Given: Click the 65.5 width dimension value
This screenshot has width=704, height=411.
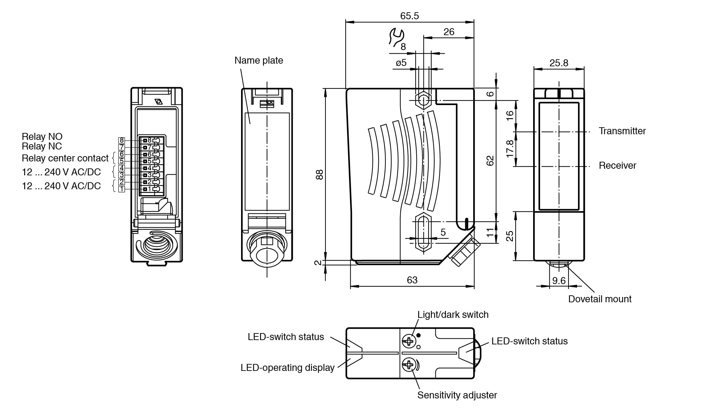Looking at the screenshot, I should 409,16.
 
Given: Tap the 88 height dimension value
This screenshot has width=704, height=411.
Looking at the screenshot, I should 319,175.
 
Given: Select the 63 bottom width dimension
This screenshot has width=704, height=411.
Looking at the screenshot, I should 412,280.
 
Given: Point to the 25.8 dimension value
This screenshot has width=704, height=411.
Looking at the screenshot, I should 559,63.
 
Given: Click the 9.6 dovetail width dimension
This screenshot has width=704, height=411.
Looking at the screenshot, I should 559,281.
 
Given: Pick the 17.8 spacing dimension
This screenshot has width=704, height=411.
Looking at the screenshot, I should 510,148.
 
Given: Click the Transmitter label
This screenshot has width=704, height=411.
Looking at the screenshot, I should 622,131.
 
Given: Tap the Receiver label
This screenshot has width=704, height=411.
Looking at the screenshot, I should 617,166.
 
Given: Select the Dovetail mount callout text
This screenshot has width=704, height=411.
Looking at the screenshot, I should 599,299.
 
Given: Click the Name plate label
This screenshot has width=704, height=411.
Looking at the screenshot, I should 259,61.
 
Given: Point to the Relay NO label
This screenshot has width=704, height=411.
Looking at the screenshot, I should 42,137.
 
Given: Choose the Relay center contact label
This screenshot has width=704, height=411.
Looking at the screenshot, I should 65,158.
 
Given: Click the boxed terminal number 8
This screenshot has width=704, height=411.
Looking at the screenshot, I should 122,141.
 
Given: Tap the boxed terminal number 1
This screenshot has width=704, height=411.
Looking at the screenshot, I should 122,189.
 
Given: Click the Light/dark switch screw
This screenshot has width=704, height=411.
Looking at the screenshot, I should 408,341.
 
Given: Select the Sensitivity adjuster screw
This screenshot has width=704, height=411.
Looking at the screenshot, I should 408,365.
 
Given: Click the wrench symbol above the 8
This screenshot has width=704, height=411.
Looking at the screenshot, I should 396,37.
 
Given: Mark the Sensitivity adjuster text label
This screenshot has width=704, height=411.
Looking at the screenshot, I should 457,395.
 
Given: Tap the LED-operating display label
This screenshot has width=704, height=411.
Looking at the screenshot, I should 287,368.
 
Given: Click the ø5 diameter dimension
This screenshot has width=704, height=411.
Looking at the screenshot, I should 401,63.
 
